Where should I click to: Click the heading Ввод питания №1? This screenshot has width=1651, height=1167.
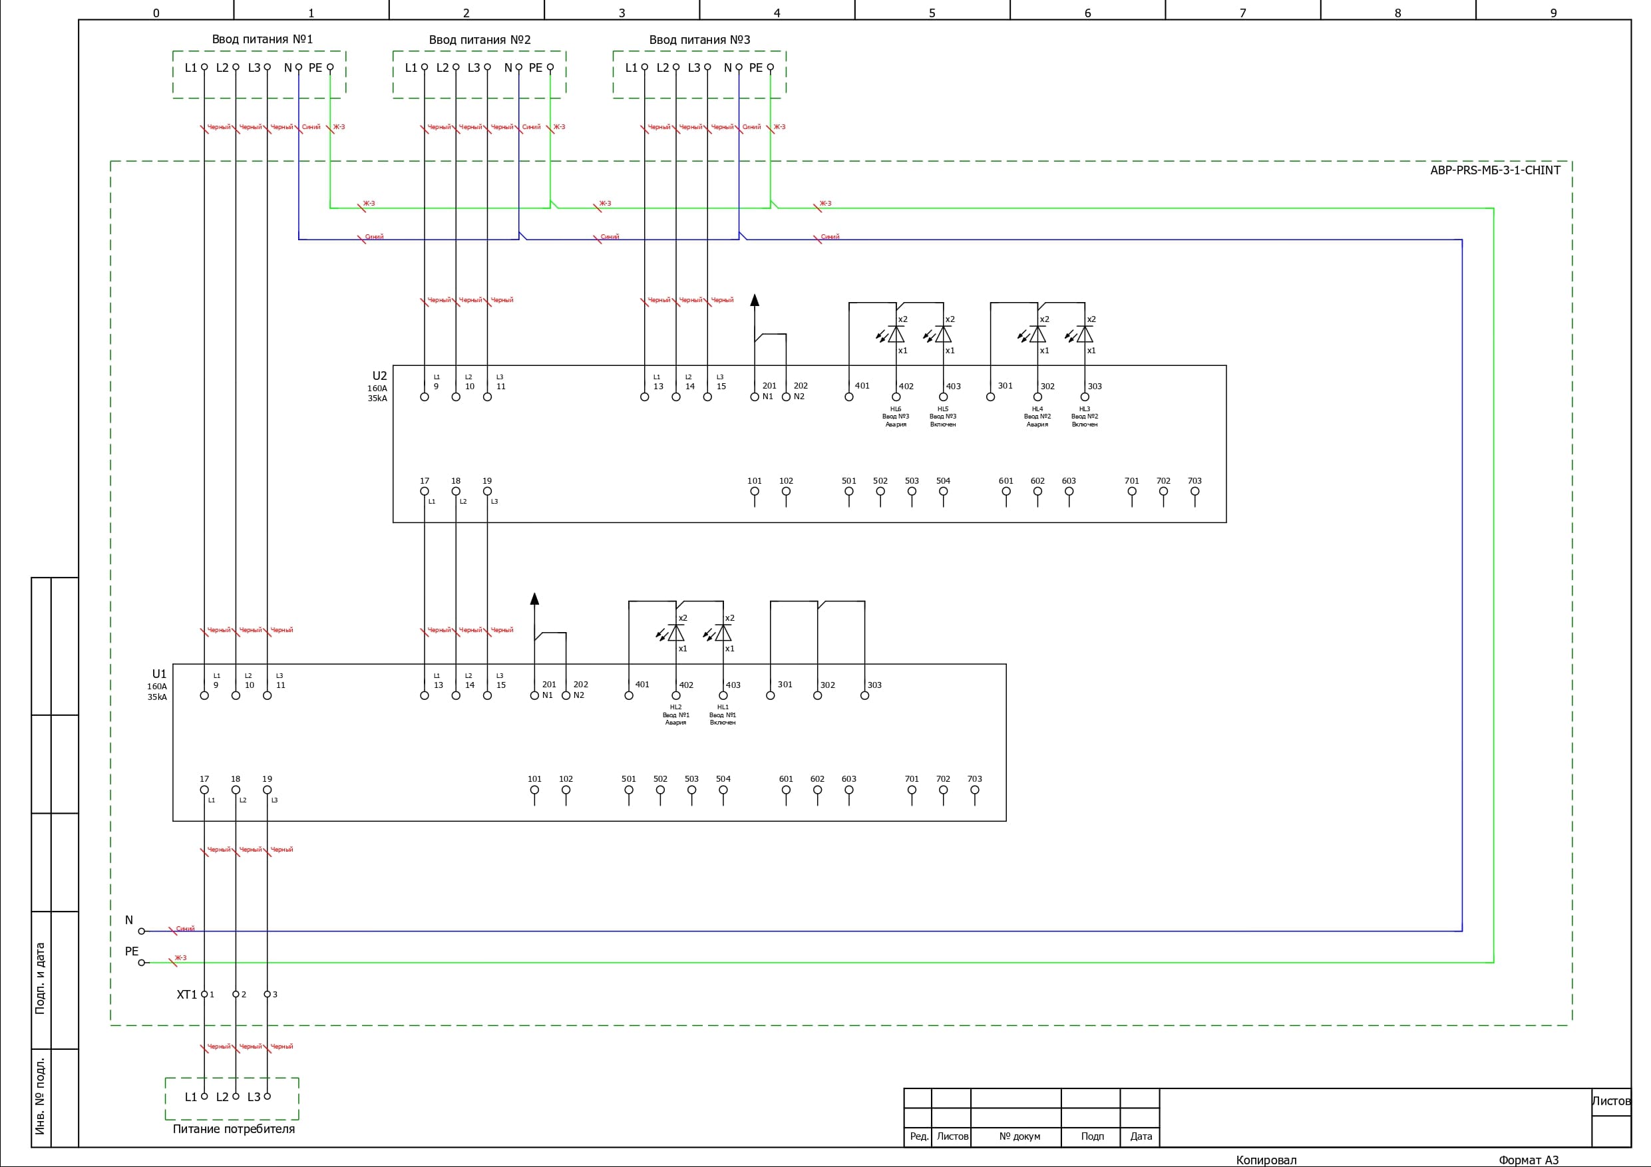click(x=262, y=39)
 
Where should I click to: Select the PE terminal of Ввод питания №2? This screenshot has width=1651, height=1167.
click(x=550, y=68)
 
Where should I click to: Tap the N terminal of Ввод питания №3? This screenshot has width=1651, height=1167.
click(x=739, y=68)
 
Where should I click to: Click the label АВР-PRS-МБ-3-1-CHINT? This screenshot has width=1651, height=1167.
click(x=1495, y=170)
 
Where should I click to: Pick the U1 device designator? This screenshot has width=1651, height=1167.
click(x=159, y=674)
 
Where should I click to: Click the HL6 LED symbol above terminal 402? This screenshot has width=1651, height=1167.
click(x=895, y=335)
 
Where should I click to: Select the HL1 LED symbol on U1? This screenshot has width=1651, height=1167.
click(x=723, y=633)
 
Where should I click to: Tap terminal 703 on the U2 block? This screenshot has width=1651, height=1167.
click(x=1194, y=492)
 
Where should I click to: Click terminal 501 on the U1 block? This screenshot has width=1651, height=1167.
click(x=628, y=790)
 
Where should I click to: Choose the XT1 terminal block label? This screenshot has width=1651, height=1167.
click(x=186, y=995)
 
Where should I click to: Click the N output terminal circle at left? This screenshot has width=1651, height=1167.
click(x=142, y=931)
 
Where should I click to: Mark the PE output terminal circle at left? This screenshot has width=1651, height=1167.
click(x=142, y=963)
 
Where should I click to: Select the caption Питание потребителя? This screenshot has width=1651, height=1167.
click(x=234, y=1129)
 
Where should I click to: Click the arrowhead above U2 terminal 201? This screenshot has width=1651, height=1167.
click(x=755, y=301)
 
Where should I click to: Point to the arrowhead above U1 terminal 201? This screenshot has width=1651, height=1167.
click(x=534, y=598)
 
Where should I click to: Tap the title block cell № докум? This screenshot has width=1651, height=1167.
click(x=1019, y=1137)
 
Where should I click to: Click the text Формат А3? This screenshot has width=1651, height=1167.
click(x=1528, y=1160)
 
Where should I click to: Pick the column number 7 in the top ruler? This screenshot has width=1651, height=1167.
click(x=1242, y=13)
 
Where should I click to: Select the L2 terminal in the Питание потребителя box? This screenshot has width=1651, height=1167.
click(x=235, y=1096)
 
